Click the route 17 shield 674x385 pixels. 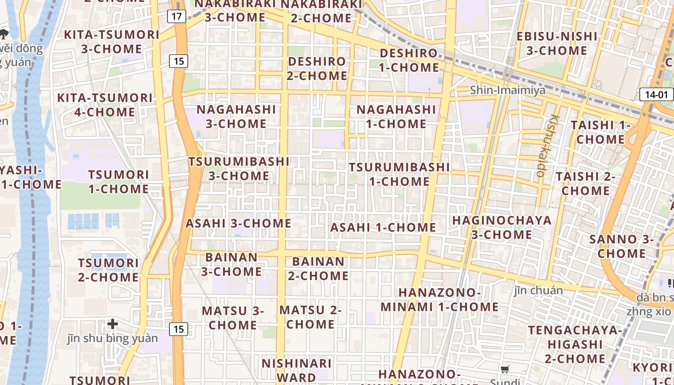click(177, 16)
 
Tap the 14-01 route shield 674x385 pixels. click(656, 95)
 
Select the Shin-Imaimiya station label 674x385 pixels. click(507, 90)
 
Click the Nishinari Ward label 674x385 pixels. click(297, 370)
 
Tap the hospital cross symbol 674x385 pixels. click(113, 324)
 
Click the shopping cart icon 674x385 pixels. click(505, 370)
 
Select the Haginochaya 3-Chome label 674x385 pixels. click(502, 228)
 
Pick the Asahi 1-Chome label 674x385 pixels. click(383, 227)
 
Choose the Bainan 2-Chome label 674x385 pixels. click(318, 269)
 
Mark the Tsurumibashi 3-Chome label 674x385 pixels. click(239, 168)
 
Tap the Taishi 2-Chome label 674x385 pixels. click(585, 183)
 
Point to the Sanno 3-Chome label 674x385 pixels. click(622, 246)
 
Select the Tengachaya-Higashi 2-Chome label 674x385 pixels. click(575, 344)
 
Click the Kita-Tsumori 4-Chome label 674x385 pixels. click(104, 105)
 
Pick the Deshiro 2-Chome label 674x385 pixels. click(317, 68)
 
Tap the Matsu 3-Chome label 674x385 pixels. click(233, 318)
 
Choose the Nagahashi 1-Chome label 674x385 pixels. click(396, 116)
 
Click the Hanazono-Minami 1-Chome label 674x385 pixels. click(440, 299)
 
